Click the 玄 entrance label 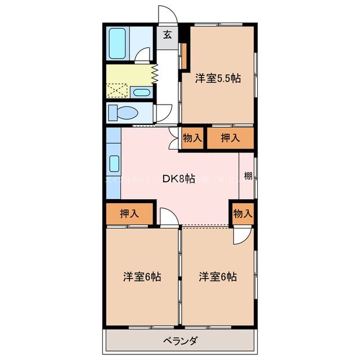[x=168, y=35]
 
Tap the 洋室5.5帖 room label [x=218, y=79]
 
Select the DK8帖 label [x=179, y=179]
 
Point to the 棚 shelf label [x=247, y=176]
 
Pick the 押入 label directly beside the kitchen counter [x=129, y=213]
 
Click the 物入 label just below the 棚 [x=242, y=213]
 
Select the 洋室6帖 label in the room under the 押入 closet [x=142, y=277]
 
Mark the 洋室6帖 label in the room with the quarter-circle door [x=217, y=277]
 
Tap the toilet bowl [x=121, y=112]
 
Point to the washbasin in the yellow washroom [x=142, y=92]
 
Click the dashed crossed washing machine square [x=118, y=91]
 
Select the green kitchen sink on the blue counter [x=113, y=164]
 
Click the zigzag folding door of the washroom [x=155, y=73]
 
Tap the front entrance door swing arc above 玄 [x=168, y=12]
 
